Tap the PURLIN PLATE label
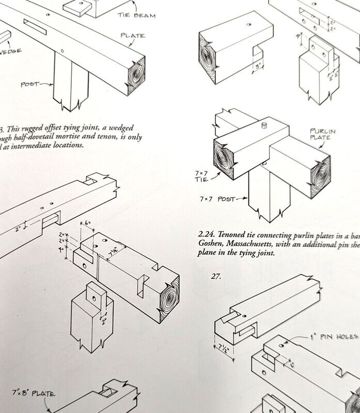(322, 135)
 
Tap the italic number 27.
(216, 276)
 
